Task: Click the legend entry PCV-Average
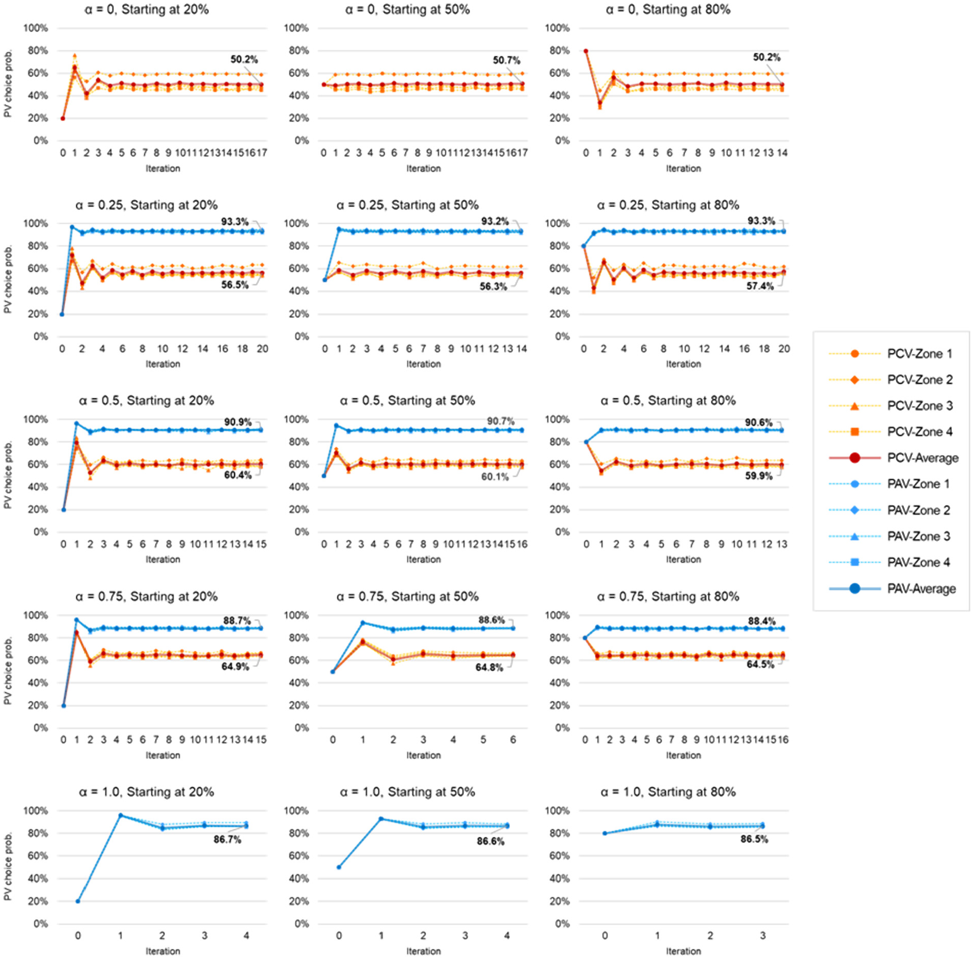[x=893, y=458]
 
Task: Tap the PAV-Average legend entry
[x=892, y=588]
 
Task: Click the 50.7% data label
[x=506, y=60]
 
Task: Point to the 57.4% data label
[x=760, y=286]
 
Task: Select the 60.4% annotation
[x=238, y=475]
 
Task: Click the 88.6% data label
[x=492, y=620]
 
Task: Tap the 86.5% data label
[x=754, y=839]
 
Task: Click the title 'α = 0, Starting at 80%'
[x=668, y=9]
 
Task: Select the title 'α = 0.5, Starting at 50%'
[x=407, y=400]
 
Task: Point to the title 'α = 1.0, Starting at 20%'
[x=146, y=792]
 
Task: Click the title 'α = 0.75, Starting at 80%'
[x=668, y=596]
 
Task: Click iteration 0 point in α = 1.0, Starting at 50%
[x=339, y=867]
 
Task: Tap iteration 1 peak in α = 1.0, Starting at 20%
[x=121, y=815]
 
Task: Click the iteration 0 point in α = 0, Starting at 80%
[x=586, y=51]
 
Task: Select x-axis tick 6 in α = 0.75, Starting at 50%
[x=513, y=740]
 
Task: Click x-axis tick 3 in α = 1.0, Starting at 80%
[x=763, y=935]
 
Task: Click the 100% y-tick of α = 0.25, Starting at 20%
[x=36, y=223]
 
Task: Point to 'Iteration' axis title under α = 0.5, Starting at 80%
[x=683, y=559]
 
